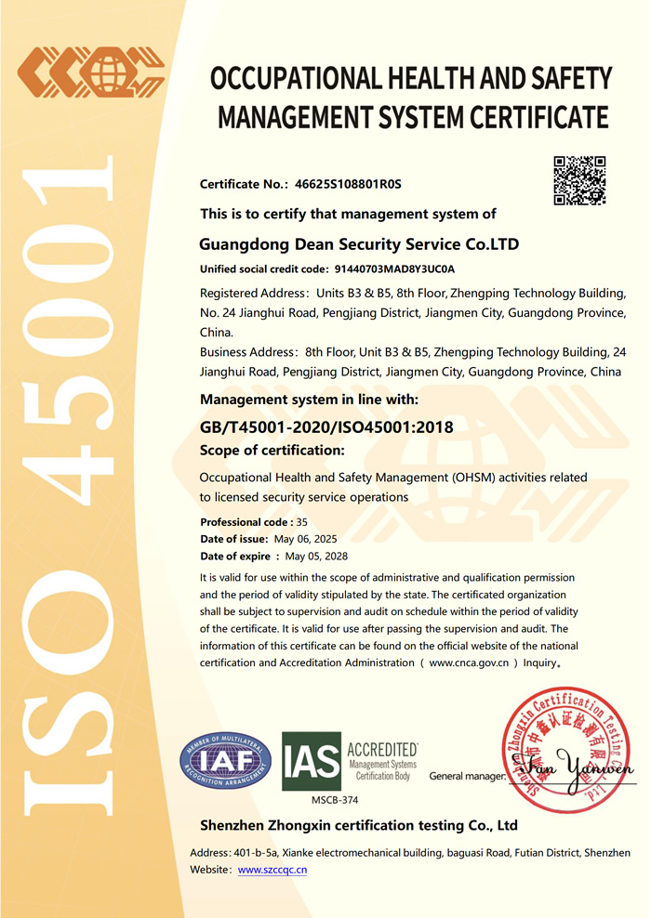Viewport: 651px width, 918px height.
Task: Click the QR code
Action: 579,180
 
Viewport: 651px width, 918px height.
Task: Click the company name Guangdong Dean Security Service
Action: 359,245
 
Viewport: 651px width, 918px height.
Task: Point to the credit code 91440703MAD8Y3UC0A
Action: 394,269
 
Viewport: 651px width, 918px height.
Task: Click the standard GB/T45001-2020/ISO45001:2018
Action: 326,427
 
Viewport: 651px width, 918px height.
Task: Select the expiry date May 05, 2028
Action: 316,556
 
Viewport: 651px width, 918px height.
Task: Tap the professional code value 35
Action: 302,522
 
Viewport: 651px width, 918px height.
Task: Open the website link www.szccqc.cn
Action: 272,870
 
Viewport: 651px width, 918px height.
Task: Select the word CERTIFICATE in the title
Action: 533,118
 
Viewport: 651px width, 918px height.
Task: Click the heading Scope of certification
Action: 272,451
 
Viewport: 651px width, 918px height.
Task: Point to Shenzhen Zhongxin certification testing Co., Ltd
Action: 359,825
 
